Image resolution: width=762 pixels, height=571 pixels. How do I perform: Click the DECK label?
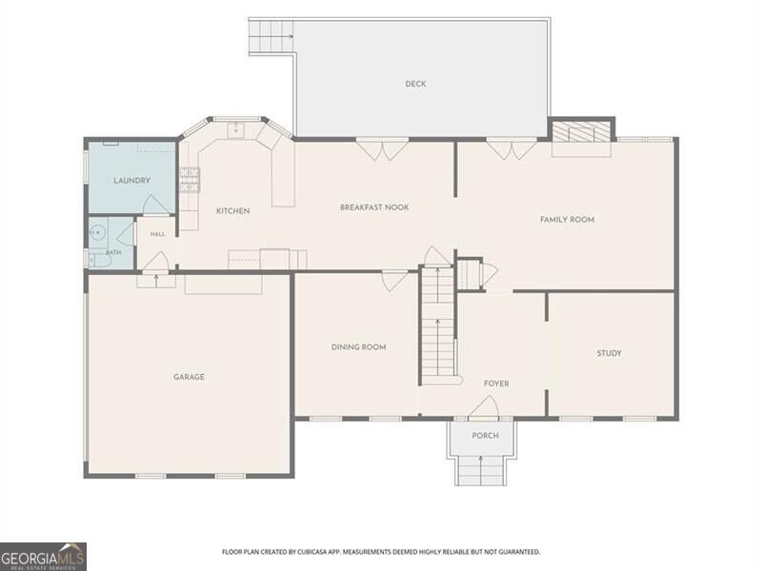coord(415,84)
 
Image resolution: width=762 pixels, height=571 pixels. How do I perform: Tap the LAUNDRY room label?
coord(131,181)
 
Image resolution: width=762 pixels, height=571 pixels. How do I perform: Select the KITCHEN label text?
coord(232,210)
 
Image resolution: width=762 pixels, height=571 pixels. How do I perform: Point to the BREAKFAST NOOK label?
coord(374,207)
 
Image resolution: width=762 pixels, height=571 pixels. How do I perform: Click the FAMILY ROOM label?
coord(567,220)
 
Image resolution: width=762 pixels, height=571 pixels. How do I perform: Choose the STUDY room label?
coord(609,353)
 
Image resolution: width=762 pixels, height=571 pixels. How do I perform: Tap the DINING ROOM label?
coord(359,347)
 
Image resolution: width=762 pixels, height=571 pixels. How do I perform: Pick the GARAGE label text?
coord(189,377)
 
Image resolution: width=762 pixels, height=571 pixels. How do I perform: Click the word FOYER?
coord(496,384)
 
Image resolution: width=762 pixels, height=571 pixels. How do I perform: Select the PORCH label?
coord(486,436)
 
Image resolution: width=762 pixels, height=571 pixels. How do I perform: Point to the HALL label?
coord(157,234)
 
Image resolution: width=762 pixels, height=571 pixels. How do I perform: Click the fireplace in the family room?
coord(582,131)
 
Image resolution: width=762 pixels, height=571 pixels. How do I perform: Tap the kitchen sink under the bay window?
coord(236,130)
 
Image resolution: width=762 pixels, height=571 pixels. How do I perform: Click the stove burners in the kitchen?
coord(190,180)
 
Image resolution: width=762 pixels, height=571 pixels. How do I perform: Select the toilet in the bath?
coord(100,261)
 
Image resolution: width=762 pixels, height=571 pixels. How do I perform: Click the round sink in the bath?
coord(97,233)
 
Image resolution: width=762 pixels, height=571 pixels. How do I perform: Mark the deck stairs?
coord(271,37)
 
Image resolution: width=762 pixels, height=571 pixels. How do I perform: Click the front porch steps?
coord(481,470)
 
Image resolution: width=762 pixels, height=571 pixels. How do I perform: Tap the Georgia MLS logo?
coord(43,557)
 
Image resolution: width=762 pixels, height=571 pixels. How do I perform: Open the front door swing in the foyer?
coord(485,407)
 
